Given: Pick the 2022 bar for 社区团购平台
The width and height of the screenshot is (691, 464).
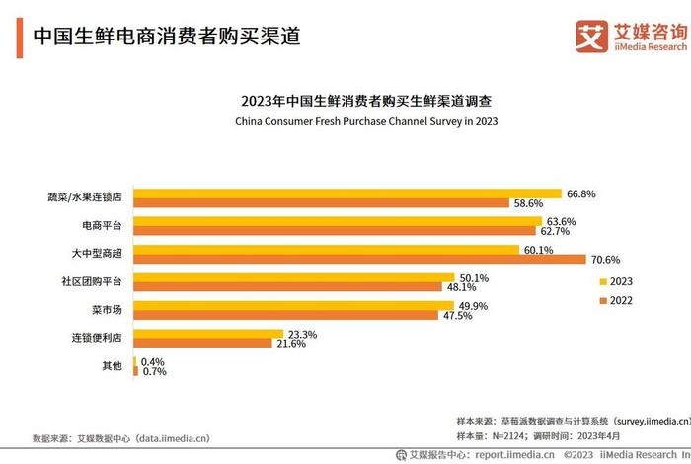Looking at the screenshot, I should (286, 287).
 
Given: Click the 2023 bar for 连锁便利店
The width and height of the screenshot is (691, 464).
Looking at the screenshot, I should (209, 334).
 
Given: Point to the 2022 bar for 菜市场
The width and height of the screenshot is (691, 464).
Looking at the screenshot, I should (285, 316).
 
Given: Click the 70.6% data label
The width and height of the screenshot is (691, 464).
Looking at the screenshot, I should (605, 260).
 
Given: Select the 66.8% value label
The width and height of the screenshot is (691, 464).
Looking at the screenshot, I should (581, 193).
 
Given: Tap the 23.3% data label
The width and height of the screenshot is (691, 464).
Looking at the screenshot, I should (302, 334).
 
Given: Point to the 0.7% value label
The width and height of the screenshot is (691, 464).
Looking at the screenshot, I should (153, 371).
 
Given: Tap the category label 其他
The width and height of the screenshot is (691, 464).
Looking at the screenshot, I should (112, 366).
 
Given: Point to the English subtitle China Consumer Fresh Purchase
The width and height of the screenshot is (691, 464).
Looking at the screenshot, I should (366, 121).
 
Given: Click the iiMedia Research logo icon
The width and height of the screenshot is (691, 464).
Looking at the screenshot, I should (591, 35).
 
